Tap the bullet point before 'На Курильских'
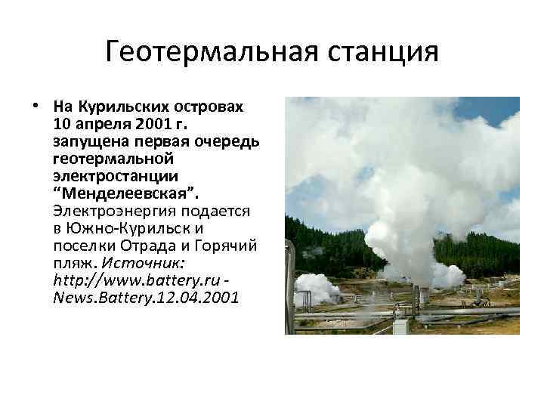coord(36,105)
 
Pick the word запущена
coord(85,142)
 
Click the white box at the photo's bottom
coord(400,326)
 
